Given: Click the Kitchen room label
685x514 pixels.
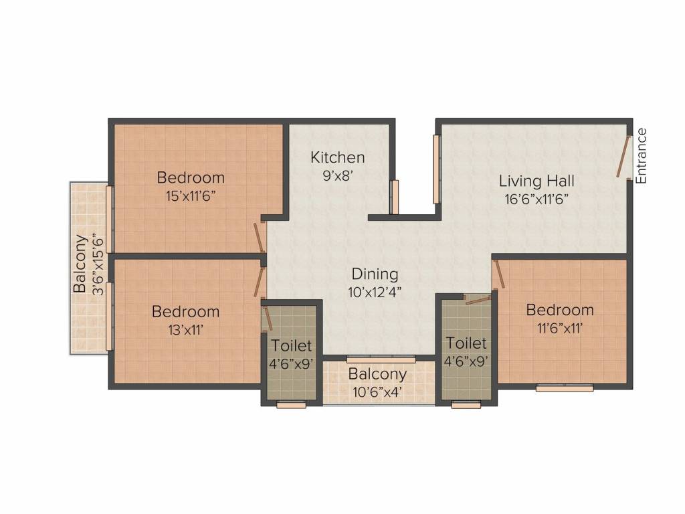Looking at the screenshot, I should coord(338,157).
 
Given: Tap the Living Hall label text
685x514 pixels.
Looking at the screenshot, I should coord(536,181).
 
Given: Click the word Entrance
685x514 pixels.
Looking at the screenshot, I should coord(642,156).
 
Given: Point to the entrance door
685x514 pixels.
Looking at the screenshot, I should coord(624,157).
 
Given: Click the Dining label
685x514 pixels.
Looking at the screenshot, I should coord(375,274).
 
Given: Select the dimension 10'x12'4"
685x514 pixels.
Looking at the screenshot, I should coord(375,292).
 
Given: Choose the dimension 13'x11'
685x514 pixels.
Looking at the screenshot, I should coord(185,329).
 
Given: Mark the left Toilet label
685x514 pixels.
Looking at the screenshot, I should coord(291,346).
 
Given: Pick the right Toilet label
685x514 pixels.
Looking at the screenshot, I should coord(466,343).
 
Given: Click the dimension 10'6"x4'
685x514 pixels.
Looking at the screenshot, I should coord(377,392).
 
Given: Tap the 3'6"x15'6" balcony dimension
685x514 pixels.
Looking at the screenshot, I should coord(98,264).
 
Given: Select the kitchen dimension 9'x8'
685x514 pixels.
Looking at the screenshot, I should coord(338,175).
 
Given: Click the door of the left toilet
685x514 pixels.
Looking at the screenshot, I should coord(268,318).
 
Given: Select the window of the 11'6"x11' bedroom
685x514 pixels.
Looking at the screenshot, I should coord(565,388).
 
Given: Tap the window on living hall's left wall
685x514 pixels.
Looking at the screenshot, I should coord(436,169).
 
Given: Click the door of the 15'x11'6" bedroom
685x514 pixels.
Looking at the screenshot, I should coord(259,236).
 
